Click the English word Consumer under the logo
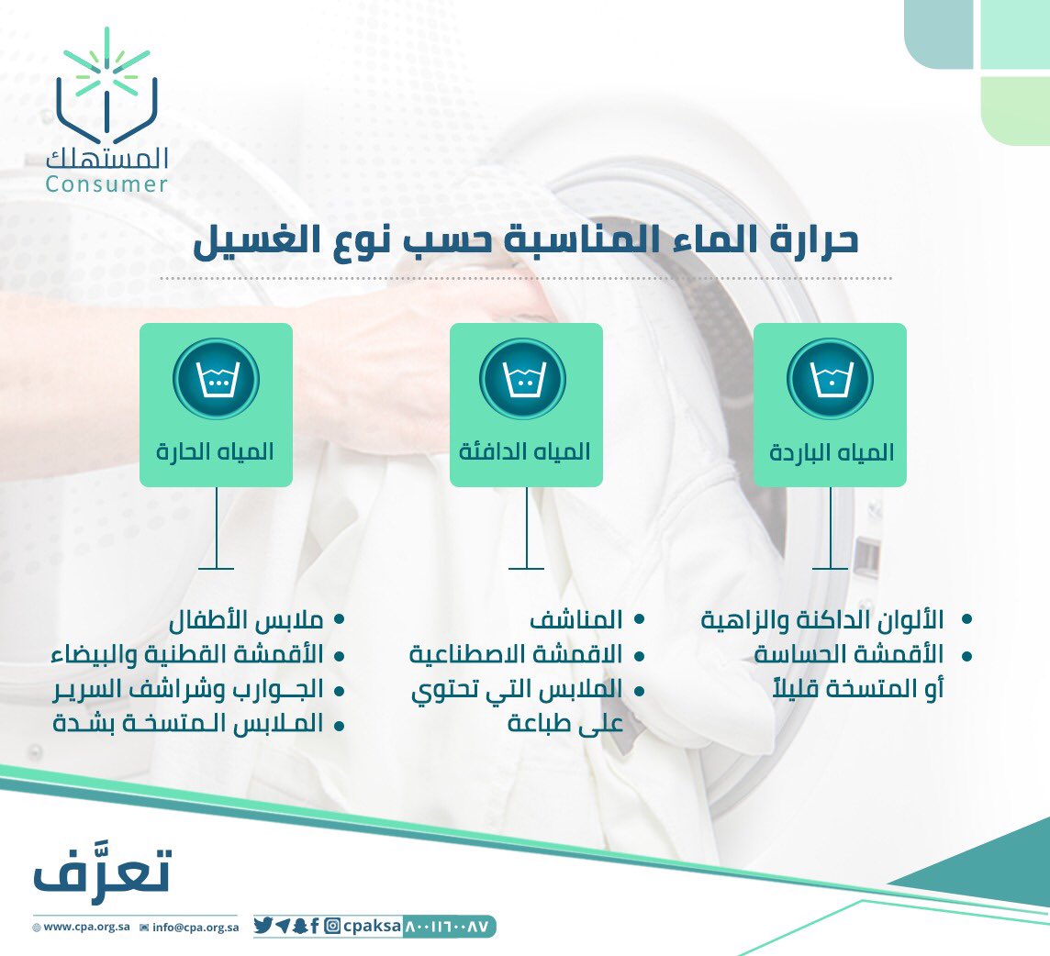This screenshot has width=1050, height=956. pyautogui.click(x=106, y=184)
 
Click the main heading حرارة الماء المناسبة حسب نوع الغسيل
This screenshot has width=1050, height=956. pyautogui.click(x=526, y=239)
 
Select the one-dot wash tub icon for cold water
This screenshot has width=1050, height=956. pyautogui.click(x=830, y=379)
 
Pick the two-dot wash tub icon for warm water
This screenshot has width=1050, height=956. pyautogui.click(x=522, y=379)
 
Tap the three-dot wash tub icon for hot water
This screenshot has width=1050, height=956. pyautogui.click(x=216, y=379)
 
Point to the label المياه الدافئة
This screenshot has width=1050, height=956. pyautogui.click(x=526, y=452)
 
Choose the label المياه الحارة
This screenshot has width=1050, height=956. pyautogui.click(x=216, y=452)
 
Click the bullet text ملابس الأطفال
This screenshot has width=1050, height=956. pyautogui.click(x=246, y=620)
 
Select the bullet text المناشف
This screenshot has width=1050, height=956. pyautogui.click(x=576, y=620)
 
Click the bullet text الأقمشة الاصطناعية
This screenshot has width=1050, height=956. pyautogui.click(x=516, y=655)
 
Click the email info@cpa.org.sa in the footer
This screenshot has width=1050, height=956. pyautogui.click(x=195, y=927)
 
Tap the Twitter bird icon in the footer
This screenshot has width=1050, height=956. pyautogui.click(x=262, y=926)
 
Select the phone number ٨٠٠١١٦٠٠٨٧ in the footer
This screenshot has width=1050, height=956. pyautogui.click(x=449, y=926)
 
